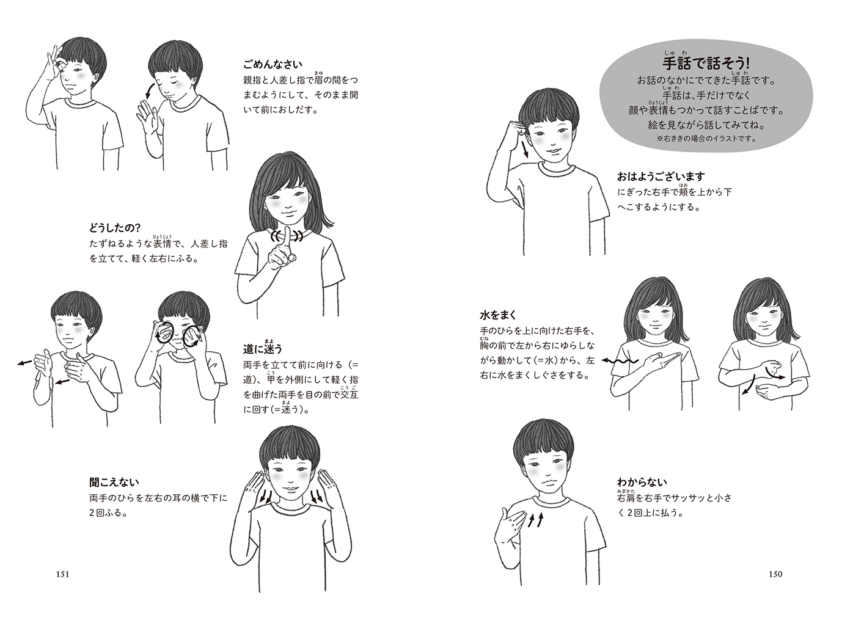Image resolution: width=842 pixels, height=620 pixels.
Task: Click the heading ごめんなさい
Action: click(x=273, y=65)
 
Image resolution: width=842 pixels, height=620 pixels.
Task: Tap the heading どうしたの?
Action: click(x=115, y=228)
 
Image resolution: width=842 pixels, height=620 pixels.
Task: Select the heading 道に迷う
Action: click(x=262, y=348)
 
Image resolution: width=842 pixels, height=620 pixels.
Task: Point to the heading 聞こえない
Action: click(x=114, y=482)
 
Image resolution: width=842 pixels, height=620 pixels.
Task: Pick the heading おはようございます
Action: click(x=661, y=177)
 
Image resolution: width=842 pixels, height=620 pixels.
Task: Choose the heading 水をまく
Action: click(x=498, y=315)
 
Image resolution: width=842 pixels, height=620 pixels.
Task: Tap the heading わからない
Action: click(x=642, y=482)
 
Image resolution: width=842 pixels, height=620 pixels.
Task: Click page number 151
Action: click(x=62, y=574)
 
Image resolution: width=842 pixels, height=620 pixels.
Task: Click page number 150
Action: click(x=775, y=574)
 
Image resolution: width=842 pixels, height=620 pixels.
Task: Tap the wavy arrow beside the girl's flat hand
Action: click(x=620, y=361)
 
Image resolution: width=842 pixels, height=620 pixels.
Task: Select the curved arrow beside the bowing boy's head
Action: click(x=149, y=91)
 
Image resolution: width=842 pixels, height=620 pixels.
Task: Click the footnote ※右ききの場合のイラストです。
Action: click(x=706, y=138)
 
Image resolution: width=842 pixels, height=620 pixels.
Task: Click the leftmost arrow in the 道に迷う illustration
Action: click(x=25, y=363)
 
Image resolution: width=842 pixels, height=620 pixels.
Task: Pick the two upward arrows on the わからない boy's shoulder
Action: click(x=536, y=520)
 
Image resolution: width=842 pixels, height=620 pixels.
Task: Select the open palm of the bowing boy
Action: click(x=150, y=119)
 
